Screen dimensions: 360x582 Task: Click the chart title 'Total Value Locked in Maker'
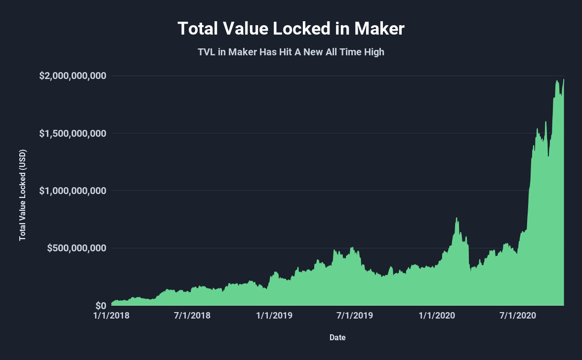291,29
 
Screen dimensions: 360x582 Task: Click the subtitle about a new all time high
291,52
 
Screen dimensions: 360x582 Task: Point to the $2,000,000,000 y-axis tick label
73,76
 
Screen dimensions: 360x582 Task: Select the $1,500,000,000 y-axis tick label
73,133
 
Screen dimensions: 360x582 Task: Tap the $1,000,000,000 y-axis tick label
73,191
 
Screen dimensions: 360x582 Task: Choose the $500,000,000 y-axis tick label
77,248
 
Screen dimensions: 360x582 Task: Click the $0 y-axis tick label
101,305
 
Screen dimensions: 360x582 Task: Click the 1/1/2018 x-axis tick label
112,316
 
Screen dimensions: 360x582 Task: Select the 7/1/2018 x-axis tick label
193,316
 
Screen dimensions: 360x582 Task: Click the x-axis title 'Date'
337,338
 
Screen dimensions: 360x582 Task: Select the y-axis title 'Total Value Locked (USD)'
22,195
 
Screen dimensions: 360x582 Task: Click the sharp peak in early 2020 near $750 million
457,218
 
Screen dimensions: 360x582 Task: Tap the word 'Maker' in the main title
379,29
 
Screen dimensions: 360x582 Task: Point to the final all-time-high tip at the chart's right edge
564,80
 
